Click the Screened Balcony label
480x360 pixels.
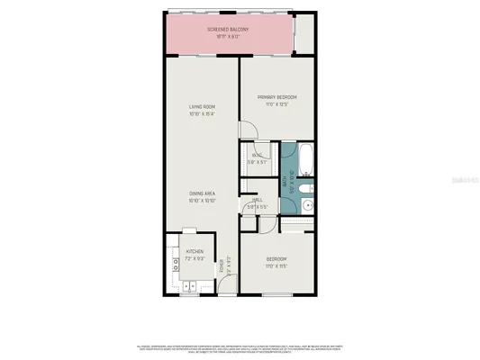(x=228, y=30)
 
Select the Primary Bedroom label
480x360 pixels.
(x=276, y=97)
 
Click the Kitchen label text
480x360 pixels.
(x=195, y=251)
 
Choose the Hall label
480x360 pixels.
(x=257, y=202)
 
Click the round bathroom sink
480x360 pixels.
(x=307, y=205)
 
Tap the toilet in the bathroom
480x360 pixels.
(x=309, y=186)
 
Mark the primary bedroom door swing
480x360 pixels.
(x=250, y=134)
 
